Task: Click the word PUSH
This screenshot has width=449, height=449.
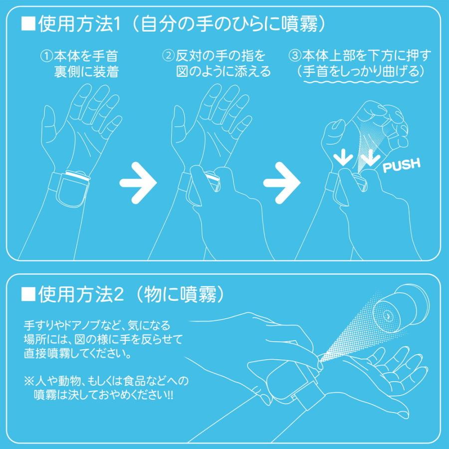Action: pos(401,165)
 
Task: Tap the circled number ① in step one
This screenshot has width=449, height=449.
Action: pos(46,55)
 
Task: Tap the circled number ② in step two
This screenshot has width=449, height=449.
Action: pos(168,55)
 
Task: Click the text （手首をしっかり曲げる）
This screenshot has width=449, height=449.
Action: pos(360,71)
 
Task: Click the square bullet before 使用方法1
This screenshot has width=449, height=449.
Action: pos(27,23)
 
